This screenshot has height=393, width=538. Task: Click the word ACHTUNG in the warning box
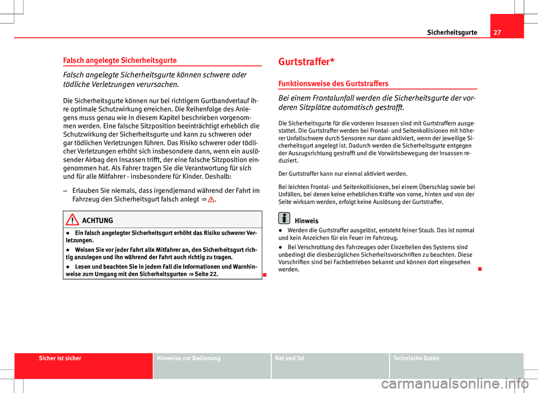(98, 221)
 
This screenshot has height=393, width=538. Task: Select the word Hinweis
(307, 221)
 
